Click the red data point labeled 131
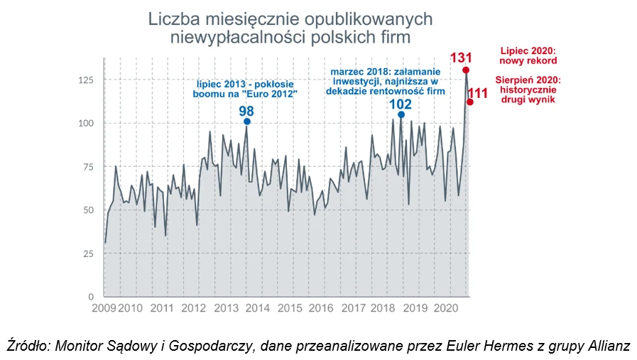point(466,70)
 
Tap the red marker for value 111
point(470,102)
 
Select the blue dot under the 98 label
point(247,121)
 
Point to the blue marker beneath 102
point(401,114)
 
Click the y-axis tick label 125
point(85,80)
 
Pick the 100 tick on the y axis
point(85,123)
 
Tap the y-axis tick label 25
point(88,253)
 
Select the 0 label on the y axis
point(91,297)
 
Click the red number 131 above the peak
point(462,57)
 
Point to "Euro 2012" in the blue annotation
point(271,94)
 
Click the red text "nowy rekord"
point(528,61)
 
